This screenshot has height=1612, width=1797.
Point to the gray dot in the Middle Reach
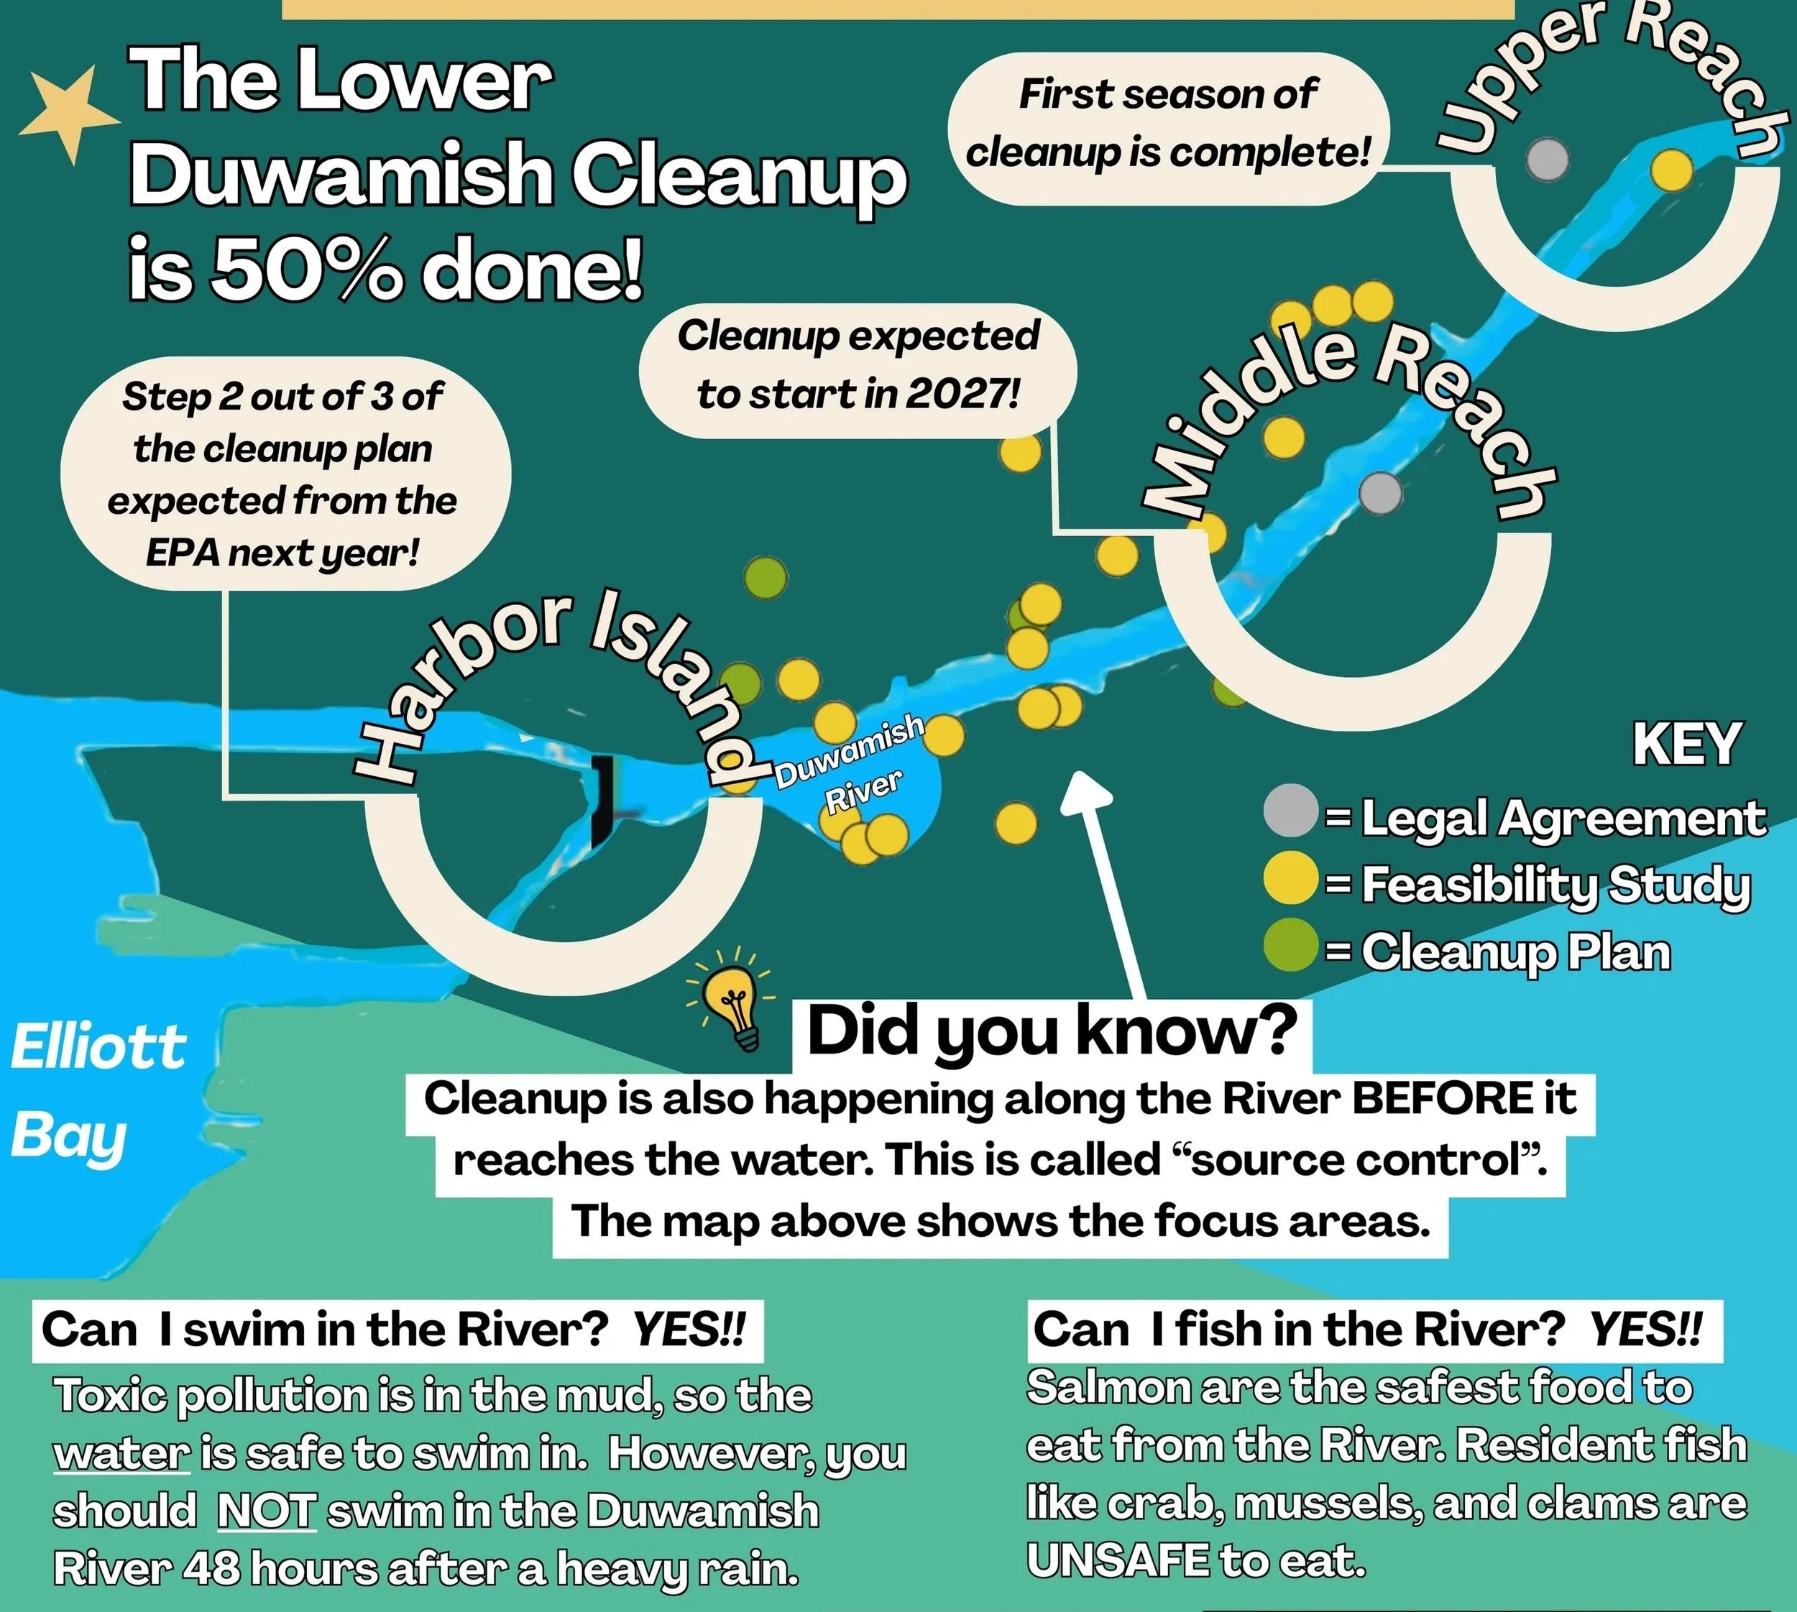click(x=1380, y=492)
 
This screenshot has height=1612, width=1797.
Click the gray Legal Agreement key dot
click(x=1289, y=811)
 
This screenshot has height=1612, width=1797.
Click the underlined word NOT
click(x=266, y=1509)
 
